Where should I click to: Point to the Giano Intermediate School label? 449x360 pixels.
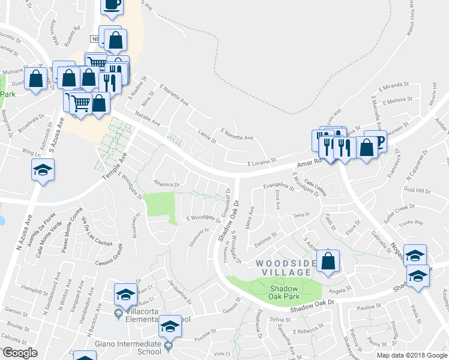(128, 347)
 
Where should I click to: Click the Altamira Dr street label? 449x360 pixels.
(167, 185)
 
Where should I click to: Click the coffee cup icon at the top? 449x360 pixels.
(112, 5)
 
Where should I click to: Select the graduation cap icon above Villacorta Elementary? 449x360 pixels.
(125, 294)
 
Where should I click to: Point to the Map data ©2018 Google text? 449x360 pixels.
(412, 355)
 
